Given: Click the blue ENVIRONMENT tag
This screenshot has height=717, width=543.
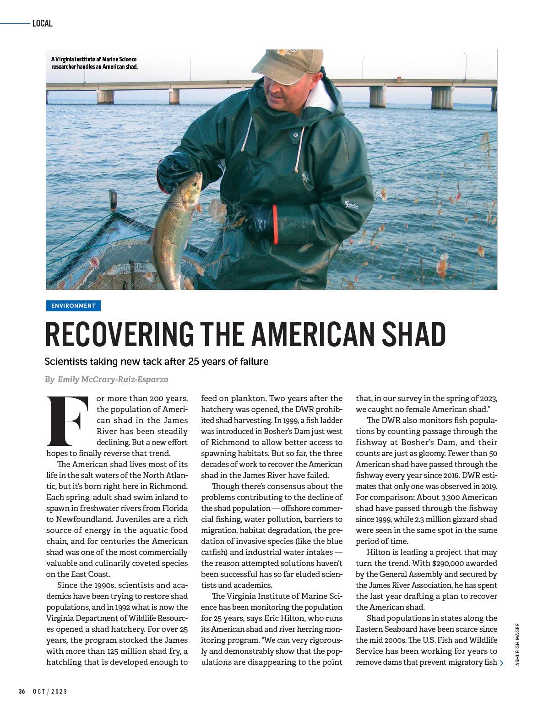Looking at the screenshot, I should (73, 306).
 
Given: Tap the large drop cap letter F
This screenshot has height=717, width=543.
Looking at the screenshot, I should (67, 420).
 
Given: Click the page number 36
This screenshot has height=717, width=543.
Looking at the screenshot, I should (22, 704).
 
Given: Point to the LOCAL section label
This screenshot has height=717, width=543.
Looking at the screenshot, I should (43, 23).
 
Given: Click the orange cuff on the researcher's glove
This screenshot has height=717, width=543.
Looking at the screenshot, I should (275, 225).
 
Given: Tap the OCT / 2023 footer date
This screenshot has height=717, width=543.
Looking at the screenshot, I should (50, 704).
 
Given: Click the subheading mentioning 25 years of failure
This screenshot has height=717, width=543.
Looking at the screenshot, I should (156, 362).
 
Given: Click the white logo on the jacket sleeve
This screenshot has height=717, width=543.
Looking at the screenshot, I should (352, 204).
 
